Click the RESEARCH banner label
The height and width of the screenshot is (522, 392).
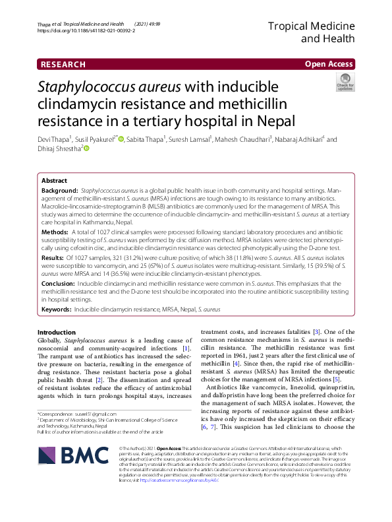(63, 64)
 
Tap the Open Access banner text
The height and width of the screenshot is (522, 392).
(329, 64)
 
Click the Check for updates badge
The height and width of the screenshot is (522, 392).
(345, 82)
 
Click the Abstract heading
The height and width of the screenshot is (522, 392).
(54, 180)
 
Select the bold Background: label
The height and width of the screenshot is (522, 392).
(59, 190)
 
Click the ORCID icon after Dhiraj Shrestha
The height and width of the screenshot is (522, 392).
(86, 149)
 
